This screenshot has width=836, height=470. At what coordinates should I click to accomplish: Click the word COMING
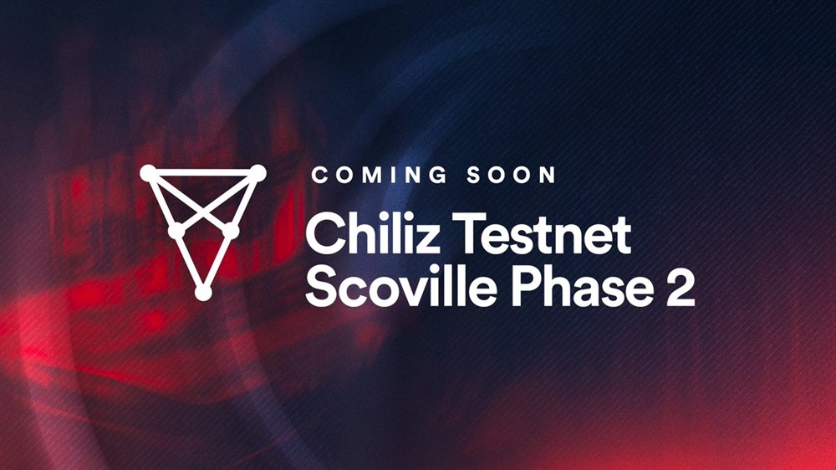[379, 175]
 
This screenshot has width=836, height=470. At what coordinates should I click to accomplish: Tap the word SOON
[512, 175]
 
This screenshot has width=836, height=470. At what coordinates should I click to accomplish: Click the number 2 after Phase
[681, 287]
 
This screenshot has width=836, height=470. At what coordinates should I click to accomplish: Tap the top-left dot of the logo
[148, 173]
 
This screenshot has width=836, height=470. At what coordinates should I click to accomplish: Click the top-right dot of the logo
[258, 173]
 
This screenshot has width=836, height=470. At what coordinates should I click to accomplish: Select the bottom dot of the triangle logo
[203, 293]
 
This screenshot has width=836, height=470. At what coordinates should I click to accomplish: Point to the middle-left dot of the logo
[176, 231]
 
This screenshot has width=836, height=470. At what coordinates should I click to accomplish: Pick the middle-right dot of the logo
[231, 231]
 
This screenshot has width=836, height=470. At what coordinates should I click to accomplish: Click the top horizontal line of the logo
[203, 173]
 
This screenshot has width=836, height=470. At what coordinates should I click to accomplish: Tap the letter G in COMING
[436, 175]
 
